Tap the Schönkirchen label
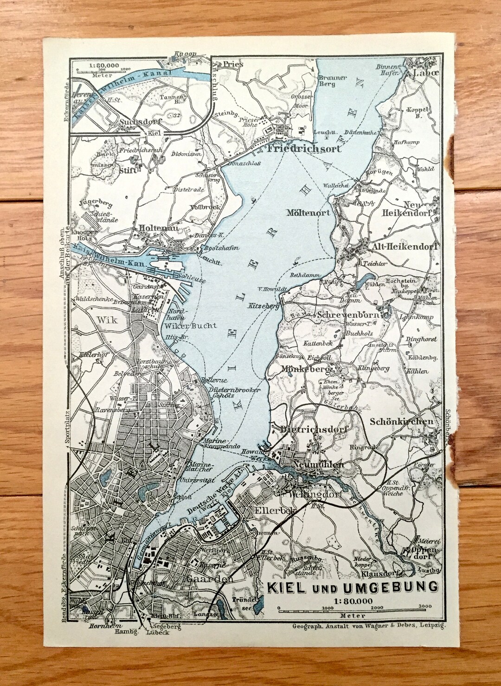(x=402, y=422)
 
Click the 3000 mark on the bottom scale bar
(x=424, y=606)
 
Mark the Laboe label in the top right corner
(x=422, y=73)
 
